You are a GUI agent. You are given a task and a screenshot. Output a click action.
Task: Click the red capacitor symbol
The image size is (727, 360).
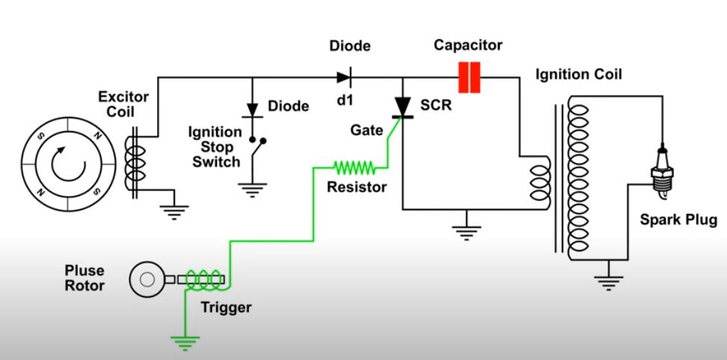[468, 77]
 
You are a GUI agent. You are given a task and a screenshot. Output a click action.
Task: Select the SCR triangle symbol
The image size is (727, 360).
[405, 108]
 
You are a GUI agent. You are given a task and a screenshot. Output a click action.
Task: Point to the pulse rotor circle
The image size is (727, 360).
[145, 279]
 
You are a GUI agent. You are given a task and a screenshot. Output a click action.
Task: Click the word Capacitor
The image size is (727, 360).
[468, 46]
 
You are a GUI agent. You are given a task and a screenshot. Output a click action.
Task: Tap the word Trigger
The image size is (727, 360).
[226, 307]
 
